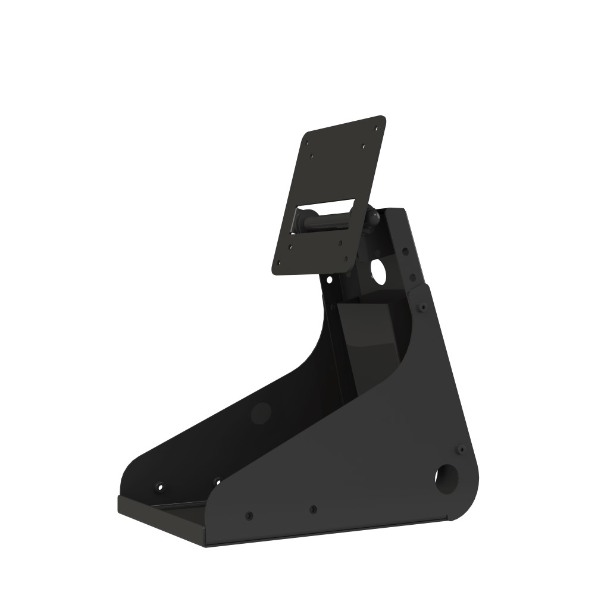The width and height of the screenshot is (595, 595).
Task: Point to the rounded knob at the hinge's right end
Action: pos(373,217)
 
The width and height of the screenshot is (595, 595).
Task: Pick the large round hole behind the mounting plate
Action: pos(379,271)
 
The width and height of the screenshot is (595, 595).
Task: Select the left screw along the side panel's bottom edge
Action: pos(249,515)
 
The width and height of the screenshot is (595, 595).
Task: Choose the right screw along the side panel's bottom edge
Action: pos(313,509)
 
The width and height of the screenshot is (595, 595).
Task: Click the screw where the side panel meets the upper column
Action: pos(422,307)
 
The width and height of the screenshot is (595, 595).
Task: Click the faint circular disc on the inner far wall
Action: pos(261,412)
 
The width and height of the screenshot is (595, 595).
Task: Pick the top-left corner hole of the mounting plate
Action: pos(306,143)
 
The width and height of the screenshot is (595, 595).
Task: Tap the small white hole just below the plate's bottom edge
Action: pos(328,278)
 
